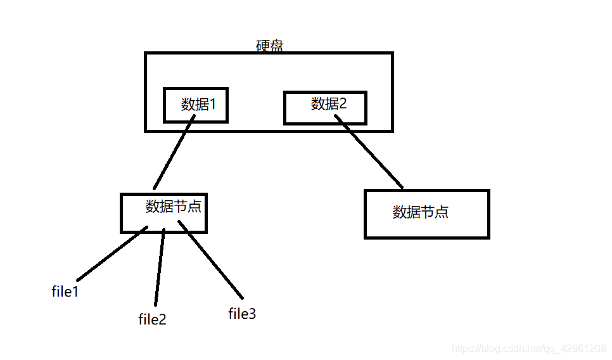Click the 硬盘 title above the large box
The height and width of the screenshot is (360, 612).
point(269,46)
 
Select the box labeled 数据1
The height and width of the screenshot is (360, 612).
point(196,105)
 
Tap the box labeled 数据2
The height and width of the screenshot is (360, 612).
point(325,107)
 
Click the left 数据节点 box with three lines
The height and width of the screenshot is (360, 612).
point(164,213)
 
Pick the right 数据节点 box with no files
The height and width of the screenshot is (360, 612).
point(427,214)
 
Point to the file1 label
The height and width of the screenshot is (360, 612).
point(65,292)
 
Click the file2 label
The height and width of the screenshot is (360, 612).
point(152,319)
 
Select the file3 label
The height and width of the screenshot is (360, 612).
point(242,313)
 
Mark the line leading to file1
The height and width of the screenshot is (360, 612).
point(112,254)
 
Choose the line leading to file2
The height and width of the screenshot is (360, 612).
point(159,266)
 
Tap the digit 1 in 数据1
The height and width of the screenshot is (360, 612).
point(213,104)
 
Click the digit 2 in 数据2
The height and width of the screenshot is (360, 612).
point(343,103)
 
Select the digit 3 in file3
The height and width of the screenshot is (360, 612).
point(252,313)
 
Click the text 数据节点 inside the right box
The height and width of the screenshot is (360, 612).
point(421,212)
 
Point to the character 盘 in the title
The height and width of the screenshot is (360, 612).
point(276,46)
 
